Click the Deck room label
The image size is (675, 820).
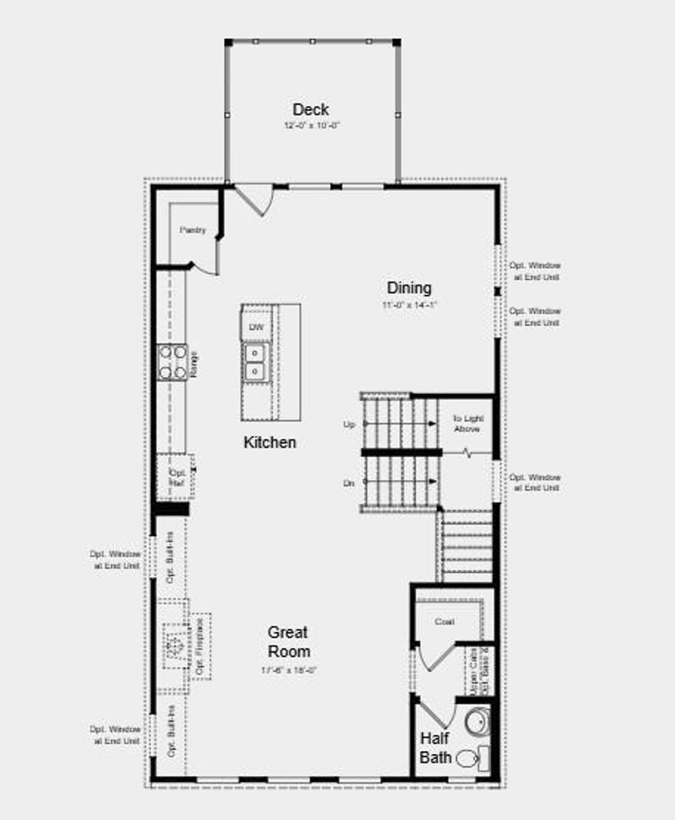click(x=310, y=109)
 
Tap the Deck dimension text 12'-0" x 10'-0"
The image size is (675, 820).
click(x=311, y=125)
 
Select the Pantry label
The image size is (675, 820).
click(x=192, y=230)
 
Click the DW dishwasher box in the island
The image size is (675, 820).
click(x=256, y=327)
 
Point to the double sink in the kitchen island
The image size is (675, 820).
click(x=255, y=362)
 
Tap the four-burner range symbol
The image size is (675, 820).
click(x=172, y=362)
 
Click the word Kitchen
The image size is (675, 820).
click(x=270, y=443)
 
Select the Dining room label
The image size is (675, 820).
click(x=409, y=288)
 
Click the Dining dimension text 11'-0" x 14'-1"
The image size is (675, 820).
click(x=409, y=305)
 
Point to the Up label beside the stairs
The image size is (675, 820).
click(x=349, y=425)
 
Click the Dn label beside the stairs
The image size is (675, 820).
click(x=349, y=483)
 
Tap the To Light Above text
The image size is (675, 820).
click(x=467, y=424)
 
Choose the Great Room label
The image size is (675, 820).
click(x=288, y=642)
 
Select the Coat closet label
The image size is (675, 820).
click(x=444, y=622)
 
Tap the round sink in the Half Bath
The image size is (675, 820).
click(x=476, y=722)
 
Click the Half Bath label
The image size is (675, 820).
click(x=435, y=748)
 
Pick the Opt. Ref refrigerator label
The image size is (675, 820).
click(x=177, y=478)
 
